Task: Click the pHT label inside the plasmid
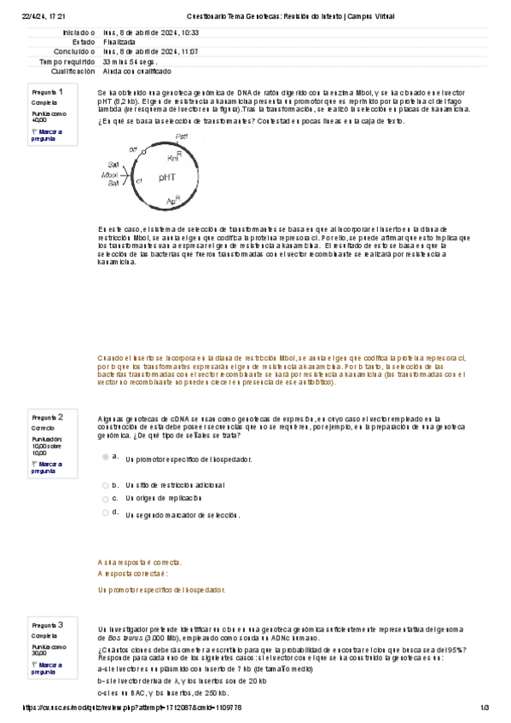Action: [167, 177]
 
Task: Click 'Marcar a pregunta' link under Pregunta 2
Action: [47, 466]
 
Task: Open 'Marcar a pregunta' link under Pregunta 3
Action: [47, 668]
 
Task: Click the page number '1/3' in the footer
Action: [484, 708]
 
